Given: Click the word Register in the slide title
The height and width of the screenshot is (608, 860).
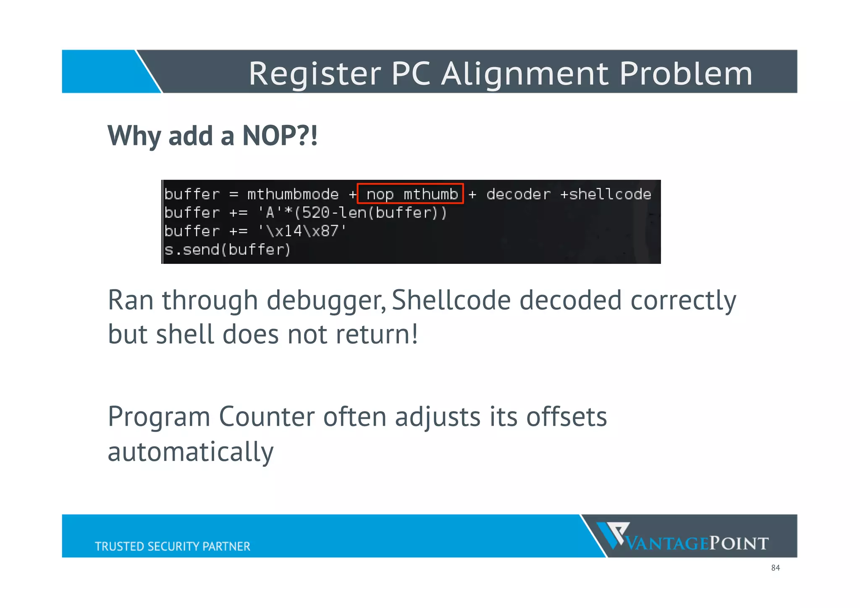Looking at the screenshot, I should pyautogui.click(x=315, y=74).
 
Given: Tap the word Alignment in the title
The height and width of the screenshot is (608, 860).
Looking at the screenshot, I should pyautogui.click(x=525, y=74).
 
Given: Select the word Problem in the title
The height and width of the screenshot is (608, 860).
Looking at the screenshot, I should pyautogui.click(x=686, y=74).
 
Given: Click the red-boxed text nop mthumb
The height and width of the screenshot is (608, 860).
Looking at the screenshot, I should pyautogui.click(x=411, y=194).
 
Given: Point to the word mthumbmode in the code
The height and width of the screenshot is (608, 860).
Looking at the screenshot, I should pyautogui.click(x=293, y=194).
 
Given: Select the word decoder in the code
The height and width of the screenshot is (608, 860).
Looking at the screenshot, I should pyautogui.click(x=518, y=194).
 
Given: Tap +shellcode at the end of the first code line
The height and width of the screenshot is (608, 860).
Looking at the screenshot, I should pyautogui.click(x=606, y=194).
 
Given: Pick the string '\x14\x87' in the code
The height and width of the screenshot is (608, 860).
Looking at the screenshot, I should pyautogui.click(x=302, y=231).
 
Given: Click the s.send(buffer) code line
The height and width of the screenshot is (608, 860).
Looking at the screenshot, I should pyautogui.click(x=227, y=250).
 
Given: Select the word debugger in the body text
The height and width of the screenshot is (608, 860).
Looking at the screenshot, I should pyautogui.click(x=326, y=301).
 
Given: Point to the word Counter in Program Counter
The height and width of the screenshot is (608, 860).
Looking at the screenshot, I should pyautogui.click(x=266, y=417).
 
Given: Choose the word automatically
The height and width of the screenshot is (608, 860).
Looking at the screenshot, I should pyautogui.click(x=191, y=452).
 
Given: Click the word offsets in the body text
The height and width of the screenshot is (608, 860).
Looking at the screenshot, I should pyautogui.click(x=566, y=417).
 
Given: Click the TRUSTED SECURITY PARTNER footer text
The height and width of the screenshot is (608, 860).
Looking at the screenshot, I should pyautogui.click(x=172, y=546).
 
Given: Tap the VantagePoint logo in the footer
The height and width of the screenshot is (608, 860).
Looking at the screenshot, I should pyautogui.click(x=683, y=537).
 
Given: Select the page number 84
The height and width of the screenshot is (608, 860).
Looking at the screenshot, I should pyautogui.click(x=775, y=568).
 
